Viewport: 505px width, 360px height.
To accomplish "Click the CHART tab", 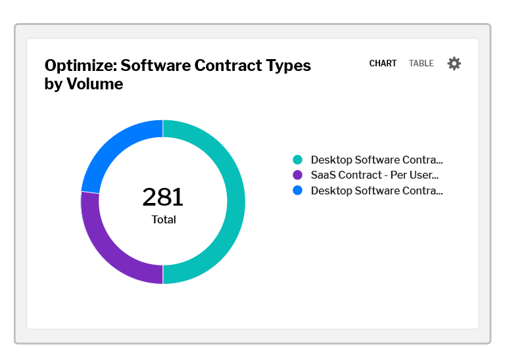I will coord(383,64).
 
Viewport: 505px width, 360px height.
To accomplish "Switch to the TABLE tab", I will coord(421,64).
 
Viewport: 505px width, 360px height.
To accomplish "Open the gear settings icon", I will coord(454,64).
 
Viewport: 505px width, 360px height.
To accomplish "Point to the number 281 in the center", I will coord(163,197).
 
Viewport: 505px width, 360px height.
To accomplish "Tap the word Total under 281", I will coord(164,220).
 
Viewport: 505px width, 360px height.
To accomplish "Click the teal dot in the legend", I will coord(298,160).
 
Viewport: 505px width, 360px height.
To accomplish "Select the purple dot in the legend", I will coord(298,175).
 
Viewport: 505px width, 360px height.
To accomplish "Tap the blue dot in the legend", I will coord(298,191).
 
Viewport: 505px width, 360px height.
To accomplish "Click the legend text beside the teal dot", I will coord(376,160).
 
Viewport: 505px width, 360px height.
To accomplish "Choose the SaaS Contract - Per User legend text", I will coord(374,175).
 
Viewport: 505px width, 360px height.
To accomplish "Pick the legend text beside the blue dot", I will coord(376,191).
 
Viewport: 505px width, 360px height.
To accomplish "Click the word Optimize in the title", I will coord(80,66).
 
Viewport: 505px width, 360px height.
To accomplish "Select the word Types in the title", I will coord(288,66).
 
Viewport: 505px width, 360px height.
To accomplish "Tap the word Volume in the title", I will coord(95,84).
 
